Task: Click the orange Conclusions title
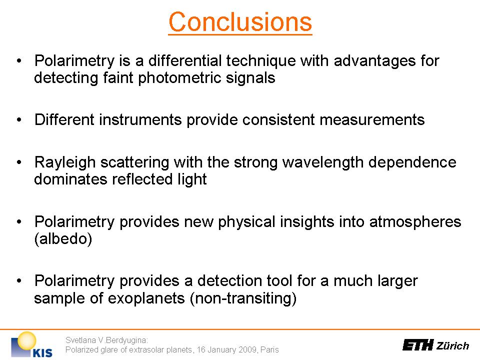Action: [x=240, y=22]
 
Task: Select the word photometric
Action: [x=179, y=78]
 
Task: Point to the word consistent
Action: [x=278, y=119]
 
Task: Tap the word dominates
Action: [x=70, y=179]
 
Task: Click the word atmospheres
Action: [x=415, y=222]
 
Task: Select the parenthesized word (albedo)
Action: [x=63, y=239]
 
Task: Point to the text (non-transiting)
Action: [x=243, y=298]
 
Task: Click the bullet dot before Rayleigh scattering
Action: [x=19, y=162]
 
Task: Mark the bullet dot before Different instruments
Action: [x=19, y=119]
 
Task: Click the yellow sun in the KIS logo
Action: [x=26, y=340]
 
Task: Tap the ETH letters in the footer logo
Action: [x=418, y=345]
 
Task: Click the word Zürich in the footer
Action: [x=453, y=345]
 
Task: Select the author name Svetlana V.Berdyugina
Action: [x=107, y=340]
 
